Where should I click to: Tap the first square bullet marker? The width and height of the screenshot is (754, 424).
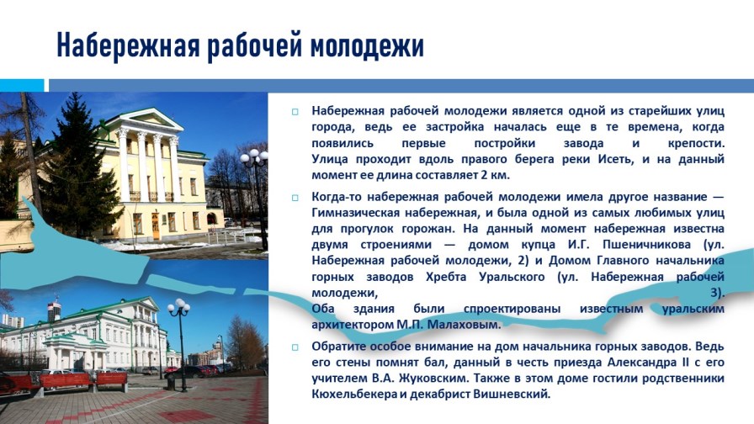click(295, 111)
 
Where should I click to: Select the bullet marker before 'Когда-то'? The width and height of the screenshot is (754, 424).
click(295, 198)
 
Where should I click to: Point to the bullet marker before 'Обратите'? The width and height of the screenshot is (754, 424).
click(295, 347)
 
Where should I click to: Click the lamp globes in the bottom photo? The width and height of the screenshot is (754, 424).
click(178, 306)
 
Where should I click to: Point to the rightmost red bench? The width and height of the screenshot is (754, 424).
click(111, 380)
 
